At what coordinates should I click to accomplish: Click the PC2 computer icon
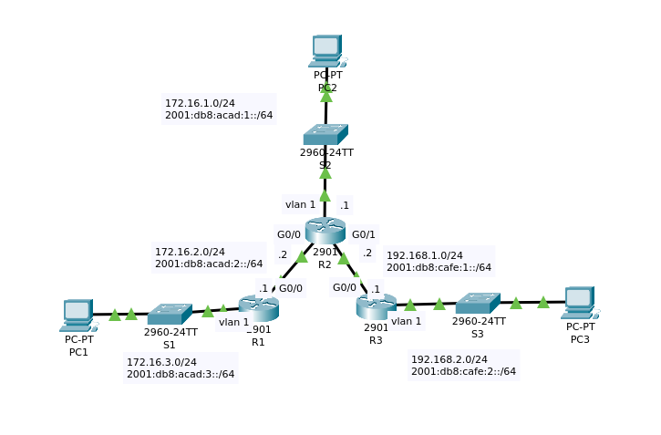coord(325,51)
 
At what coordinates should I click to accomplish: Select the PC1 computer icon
coord(77,315)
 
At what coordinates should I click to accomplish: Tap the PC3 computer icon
coord(579,302)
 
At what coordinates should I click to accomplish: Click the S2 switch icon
coord(325,134)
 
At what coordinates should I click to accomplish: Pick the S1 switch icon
coord(169,315)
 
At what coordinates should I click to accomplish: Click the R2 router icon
coord(325,230)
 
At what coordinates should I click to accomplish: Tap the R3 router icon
coord(376,306)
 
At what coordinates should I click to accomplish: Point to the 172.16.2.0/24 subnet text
coord(190,251)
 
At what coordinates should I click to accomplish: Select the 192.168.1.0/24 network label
coord(425,255)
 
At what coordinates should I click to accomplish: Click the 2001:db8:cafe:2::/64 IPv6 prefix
coord(463,371)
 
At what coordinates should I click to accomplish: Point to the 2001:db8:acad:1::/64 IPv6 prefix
coord(219,115)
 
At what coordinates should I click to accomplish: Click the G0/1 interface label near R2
coord(364,234)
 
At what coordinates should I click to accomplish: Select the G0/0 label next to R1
coord(291,289)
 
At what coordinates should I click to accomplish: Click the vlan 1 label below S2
coord(300,204)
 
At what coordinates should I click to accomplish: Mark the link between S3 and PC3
coord(530,302)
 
